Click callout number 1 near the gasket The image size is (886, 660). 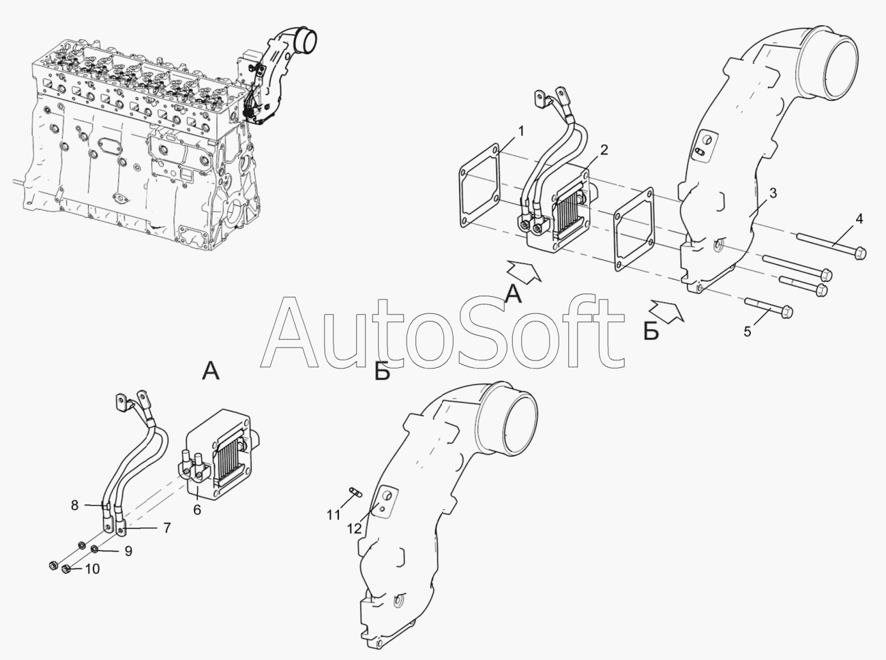tap(520, 131)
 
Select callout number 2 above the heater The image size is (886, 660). tap(604, 149)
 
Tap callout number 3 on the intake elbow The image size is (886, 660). tap(772, 194)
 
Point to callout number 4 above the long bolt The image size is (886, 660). tap(859, 218)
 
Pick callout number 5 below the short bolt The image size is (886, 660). tap(748, 331)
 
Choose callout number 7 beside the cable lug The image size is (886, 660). tap(166, 528)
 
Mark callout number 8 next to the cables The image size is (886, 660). tap(74, 506)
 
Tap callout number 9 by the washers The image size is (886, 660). tap(128, 551)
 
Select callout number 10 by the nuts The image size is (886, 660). tap(91, 569)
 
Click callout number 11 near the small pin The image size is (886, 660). tap(333, 515)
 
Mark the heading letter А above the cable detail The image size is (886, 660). tap(211, 371)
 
